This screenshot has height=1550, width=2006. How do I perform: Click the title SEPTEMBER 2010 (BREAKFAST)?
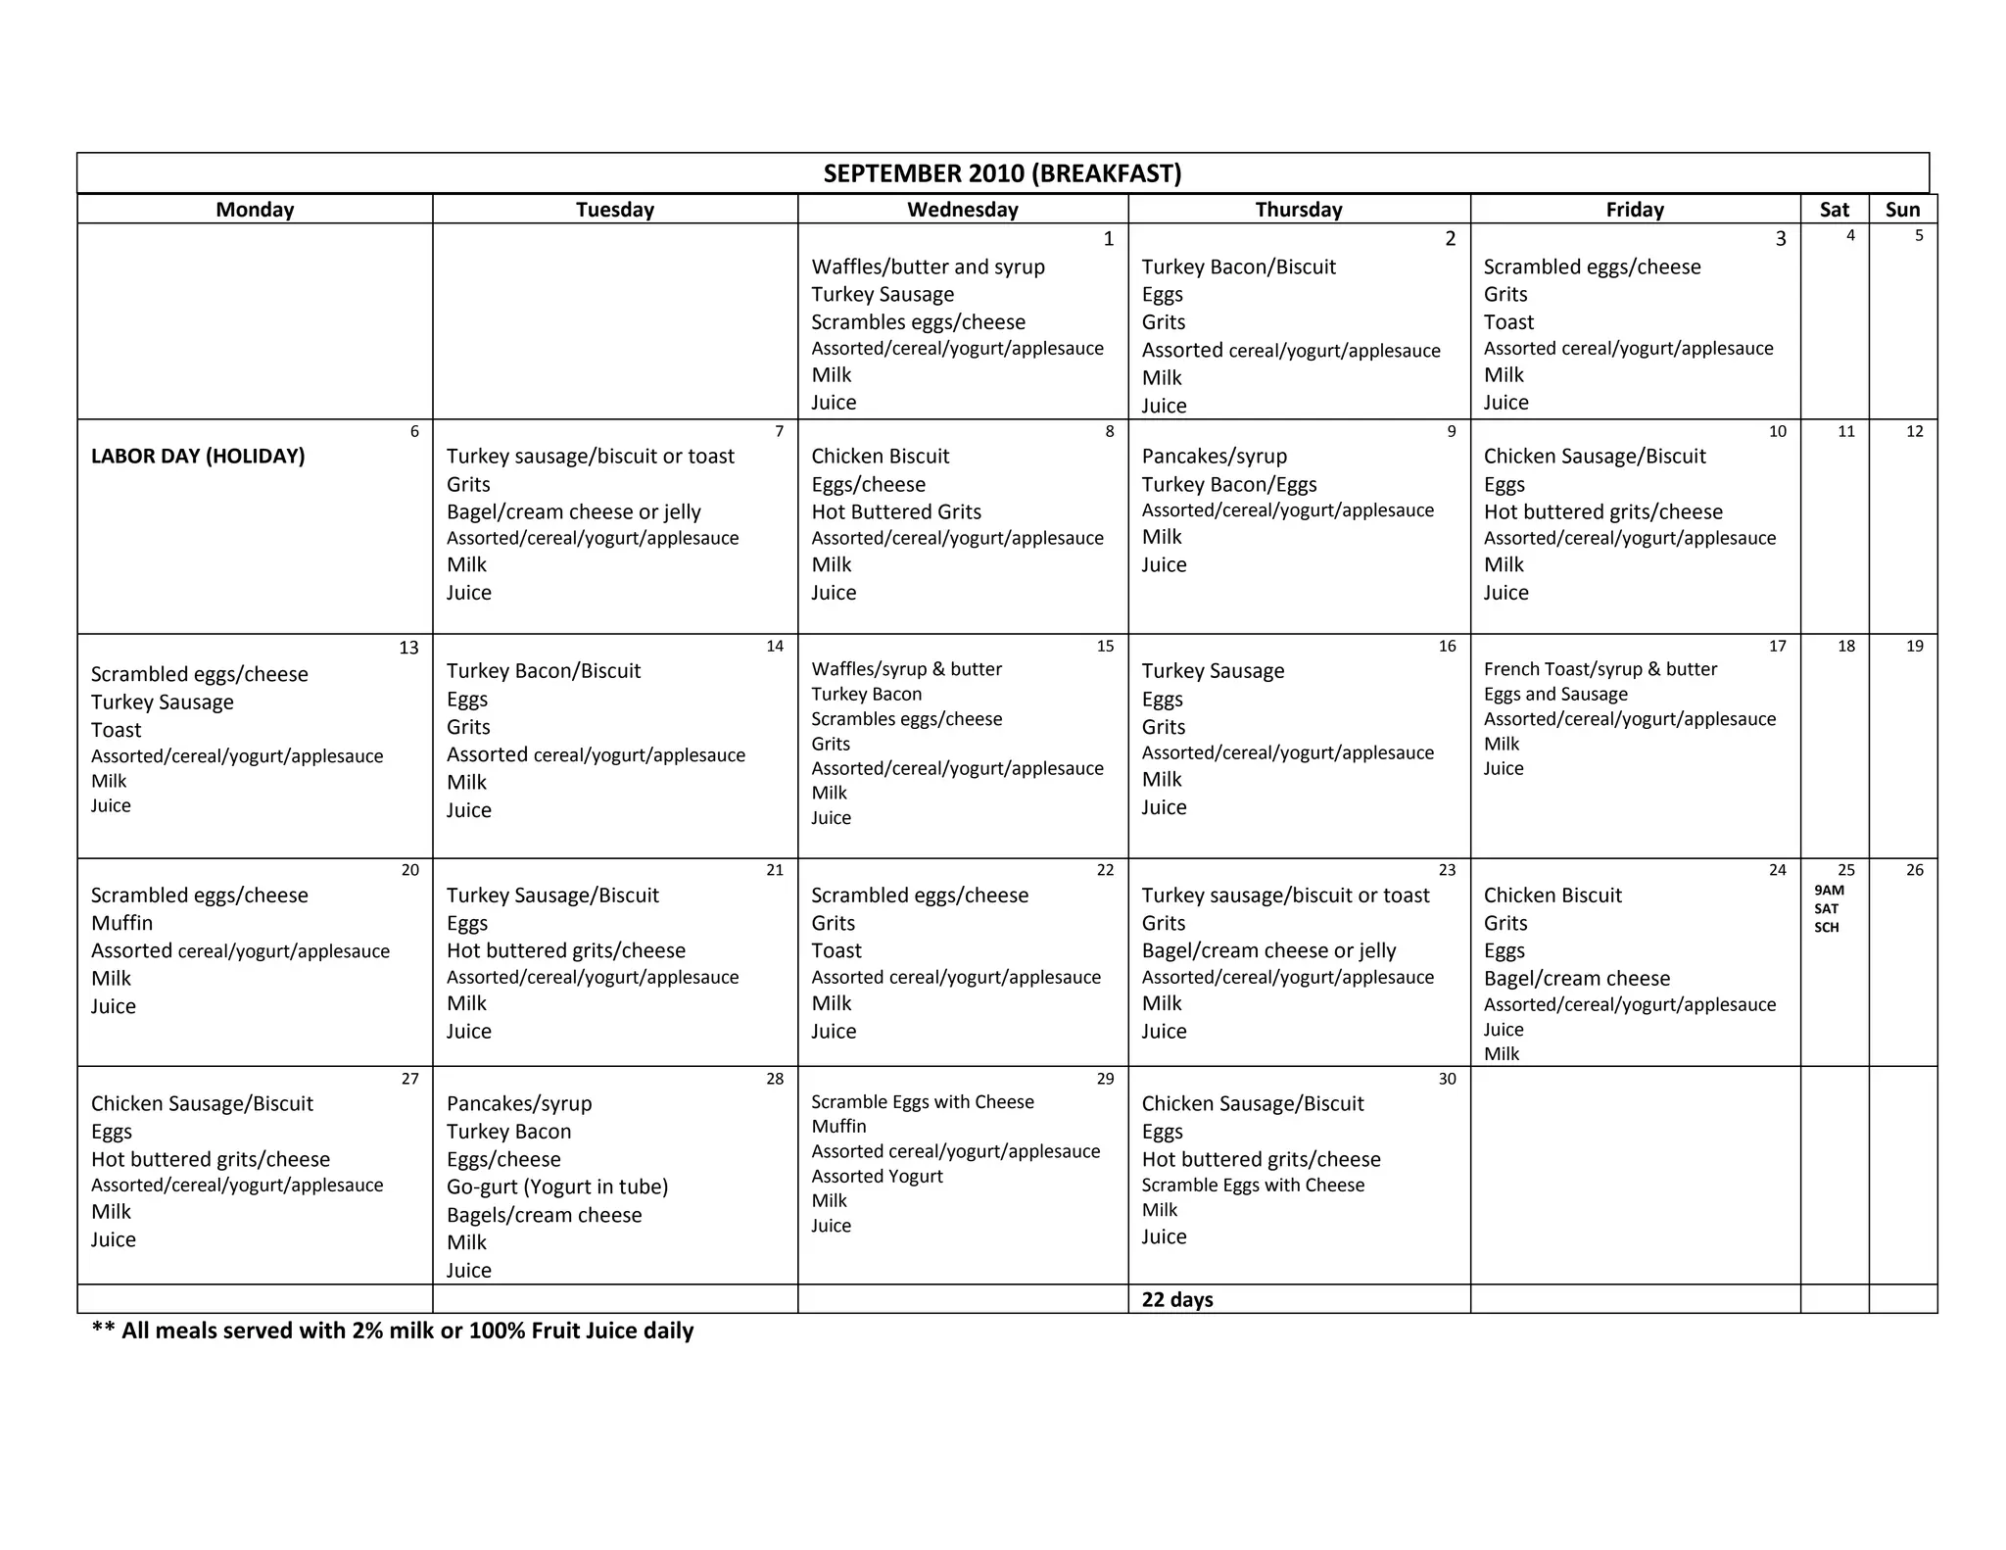1002,173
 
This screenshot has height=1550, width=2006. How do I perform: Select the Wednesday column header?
962,209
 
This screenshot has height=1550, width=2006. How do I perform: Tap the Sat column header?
1834,209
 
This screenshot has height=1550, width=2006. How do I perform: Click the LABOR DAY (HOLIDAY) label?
198,456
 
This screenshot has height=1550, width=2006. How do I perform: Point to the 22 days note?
1176,1299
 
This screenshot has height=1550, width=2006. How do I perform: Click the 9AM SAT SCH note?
1828,908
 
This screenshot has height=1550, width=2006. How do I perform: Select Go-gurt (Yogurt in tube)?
556,1187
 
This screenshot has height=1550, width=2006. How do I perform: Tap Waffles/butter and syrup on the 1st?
928,266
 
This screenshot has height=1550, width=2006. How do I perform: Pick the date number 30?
1447,1079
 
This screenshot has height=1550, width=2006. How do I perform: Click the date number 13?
408,648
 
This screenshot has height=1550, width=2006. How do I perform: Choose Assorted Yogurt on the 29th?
877,1176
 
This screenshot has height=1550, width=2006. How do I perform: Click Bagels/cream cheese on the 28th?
544,1215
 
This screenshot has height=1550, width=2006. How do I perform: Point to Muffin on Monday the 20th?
121,923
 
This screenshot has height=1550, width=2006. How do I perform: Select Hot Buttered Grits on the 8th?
895,511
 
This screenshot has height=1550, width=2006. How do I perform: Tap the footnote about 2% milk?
392,1331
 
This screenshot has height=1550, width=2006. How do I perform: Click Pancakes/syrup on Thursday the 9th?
1214,456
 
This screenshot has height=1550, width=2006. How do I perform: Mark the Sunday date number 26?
1914,870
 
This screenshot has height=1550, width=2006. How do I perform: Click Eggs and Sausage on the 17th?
1554,694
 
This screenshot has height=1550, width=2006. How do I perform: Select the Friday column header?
1634,209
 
